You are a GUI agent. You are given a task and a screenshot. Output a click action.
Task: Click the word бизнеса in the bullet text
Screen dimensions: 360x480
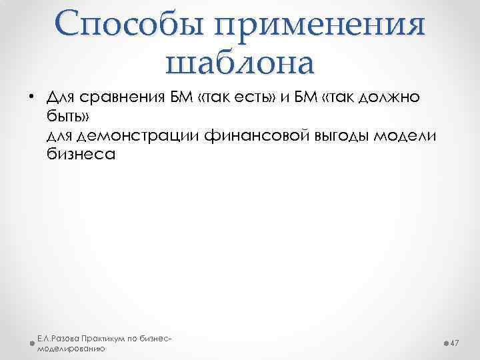tap(81, 155)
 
